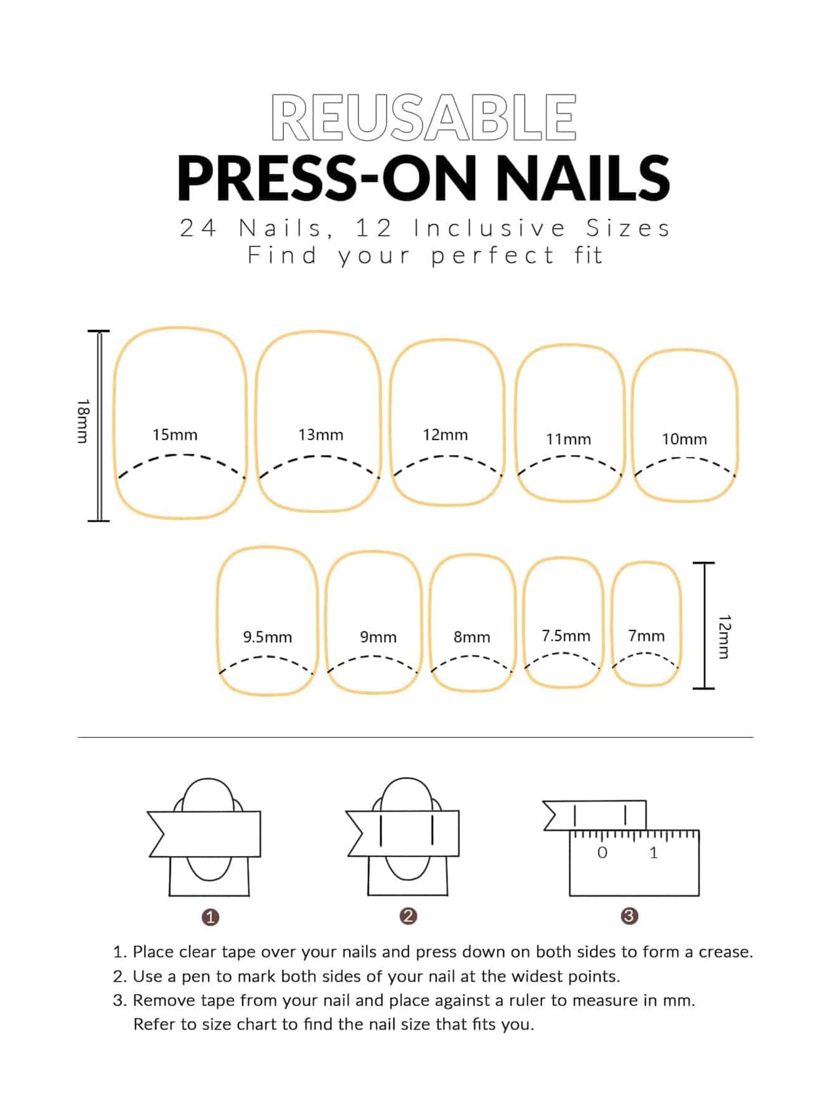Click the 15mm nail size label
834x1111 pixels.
point(175,434)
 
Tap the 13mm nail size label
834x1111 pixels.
point(321,434)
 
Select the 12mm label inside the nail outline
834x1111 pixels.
point(445,434)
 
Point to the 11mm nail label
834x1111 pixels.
point(568,439)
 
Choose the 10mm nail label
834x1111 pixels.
point(684,439)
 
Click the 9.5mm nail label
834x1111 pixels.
point(268,637)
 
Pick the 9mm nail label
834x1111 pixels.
point(378,637)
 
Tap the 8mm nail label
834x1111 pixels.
point(472,637)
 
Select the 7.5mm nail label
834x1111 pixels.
point(566,635)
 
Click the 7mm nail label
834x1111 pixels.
point(646,635)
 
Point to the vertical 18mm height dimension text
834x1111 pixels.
point(83,421)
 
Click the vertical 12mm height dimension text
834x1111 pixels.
point(724,636)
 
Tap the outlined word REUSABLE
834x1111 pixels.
point(424,117)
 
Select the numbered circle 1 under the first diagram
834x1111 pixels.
point(210,917)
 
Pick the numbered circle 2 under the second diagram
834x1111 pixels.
point(408,916)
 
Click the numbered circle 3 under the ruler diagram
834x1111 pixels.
point(629,916)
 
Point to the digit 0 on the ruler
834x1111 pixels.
point(602,853)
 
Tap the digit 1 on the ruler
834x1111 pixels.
point(654,853)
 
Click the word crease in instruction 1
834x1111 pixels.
point(726,952)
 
